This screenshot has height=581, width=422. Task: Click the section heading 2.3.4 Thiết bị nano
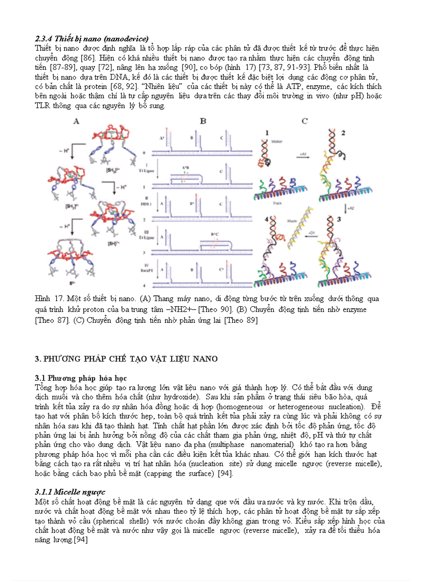(92, 39)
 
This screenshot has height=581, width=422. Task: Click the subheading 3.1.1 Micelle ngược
(70, 492)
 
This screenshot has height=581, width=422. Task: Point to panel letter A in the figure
(76, 122)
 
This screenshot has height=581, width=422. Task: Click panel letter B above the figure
(203, 122)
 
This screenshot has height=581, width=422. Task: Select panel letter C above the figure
(305, 122)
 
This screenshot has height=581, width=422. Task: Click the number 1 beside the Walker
(267, 133)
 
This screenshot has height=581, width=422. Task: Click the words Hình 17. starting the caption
(48, 299)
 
